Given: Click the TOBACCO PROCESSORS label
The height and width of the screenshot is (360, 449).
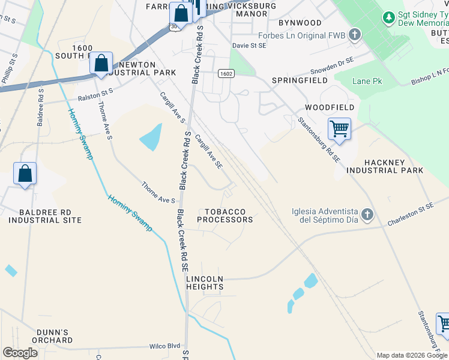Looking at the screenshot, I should [229, 216].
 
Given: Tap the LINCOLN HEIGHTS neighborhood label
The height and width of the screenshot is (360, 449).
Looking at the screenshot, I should [205, 283].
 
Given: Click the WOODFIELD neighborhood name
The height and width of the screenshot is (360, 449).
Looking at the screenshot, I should [330, 107].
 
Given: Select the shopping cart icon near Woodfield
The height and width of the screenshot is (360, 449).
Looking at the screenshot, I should [339, 128].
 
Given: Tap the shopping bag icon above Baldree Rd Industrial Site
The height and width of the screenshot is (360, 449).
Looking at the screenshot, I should [25, 174].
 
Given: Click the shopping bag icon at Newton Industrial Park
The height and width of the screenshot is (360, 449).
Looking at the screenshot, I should [101, 63].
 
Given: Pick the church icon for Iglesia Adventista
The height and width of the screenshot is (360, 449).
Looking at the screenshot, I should [367, 214].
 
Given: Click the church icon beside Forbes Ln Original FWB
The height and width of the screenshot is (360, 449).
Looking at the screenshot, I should [354, 34].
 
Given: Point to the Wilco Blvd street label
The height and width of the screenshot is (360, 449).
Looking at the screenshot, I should [164, 346].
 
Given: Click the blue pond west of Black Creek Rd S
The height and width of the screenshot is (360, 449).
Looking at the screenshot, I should [151, 137].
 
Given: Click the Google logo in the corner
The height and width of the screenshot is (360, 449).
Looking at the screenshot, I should [20, 353].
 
